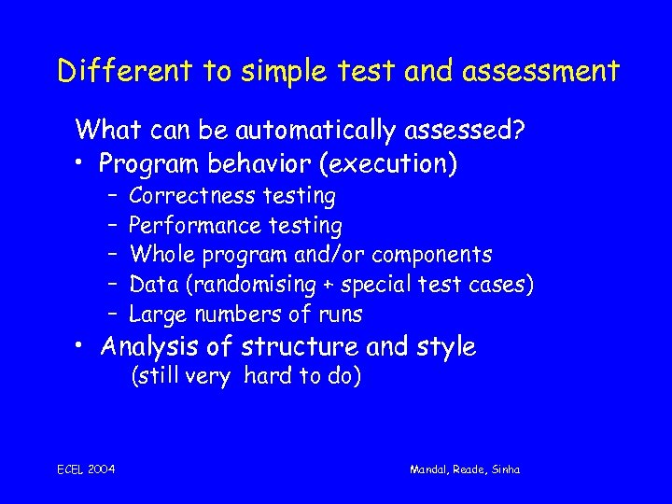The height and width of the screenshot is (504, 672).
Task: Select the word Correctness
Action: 192,196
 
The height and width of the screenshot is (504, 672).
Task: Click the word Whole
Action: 158,255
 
